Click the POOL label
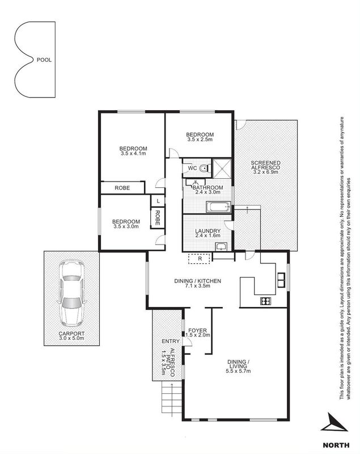(44, 60)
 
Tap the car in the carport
(71, 293)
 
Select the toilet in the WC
(205, 168)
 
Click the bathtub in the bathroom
(218, 207)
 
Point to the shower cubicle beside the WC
(222, 168)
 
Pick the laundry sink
(222, 247)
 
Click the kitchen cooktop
(266, 301)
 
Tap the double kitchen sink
(281, 280)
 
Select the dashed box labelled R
(199, 259)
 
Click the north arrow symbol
(333, 422)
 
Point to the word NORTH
(336, 445)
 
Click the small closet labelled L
(158, 201)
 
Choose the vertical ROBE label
(158, 218)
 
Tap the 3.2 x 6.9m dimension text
(265, 172)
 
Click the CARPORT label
(71, 334)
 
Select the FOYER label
(197, 330)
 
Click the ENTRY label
(171, 342)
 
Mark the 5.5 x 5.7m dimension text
(238, 371)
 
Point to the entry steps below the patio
(172, 399)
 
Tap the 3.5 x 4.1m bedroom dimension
(133, 153)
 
